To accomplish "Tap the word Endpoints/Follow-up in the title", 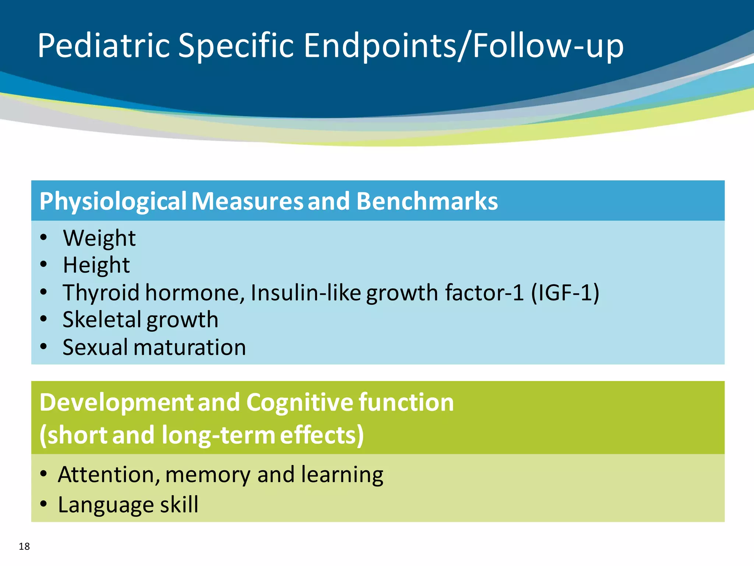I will click(463, 46).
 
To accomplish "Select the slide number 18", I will click(24, 546).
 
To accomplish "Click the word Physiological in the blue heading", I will click(113, 201).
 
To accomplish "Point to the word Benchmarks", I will click(427, 201).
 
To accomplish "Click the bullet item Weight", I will click(99, 238).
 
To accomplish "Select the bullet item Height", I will click(96, 265).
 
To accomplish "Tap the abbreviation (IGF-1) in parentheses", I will click(565, 293).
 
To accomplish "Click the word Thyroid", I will click(101, 293).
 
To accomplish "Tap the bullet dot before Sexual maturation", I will click(44, 346).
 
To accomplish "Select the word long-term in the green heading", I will click(218, 435).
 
